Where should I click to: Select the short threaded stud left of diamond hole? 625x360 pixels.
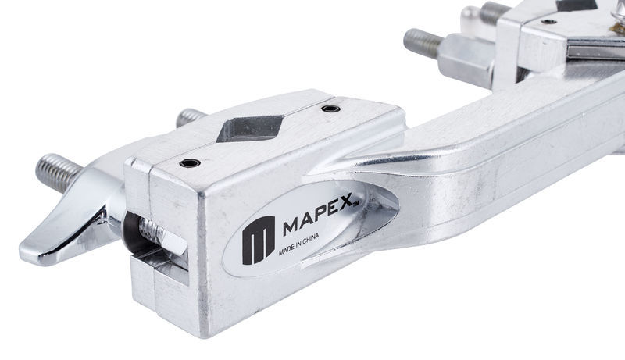[190, 117]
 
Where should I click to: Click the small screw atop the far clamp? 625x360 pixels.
[548, 22]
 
